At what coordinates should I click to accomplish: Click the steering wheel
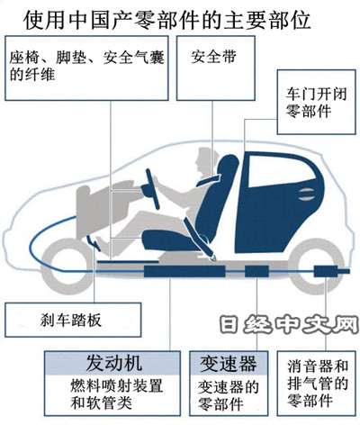click(x=152, y=189)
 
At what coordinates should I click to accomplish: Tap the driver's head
click(x=204, y=161)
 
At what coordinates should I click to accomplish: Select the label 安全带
click(x=214, y=57)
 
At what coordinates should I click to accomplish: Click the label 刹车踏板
click(x=71, y=320)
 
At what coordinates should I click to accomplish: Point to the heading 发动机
click(x=113, y=363)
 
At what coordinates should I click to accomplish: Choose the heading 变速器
click(x=229, y=363)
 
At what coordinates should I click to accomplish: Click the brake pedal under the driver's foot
click(x=94, y=242)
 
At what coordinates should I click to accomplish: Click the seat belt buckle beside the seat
click(x=213, y=257)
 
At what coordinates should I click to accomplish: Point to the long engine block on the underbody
click(x=184, y=271)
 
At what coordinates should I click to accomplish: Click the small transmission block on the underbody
click(x=256, y=271)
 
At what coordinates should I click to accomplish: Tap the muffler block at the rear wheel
click(x=326, y=271)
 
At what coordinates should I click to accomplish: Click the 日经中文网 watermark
click(x=289, y=325)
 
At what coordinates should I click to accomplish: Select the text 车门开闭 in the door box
click(x=316, y=95)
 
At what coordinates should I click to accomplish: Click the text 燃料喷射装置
click(x=117, y=386)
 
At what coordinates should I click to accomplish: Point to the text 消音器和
click(x=318, y=366)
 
